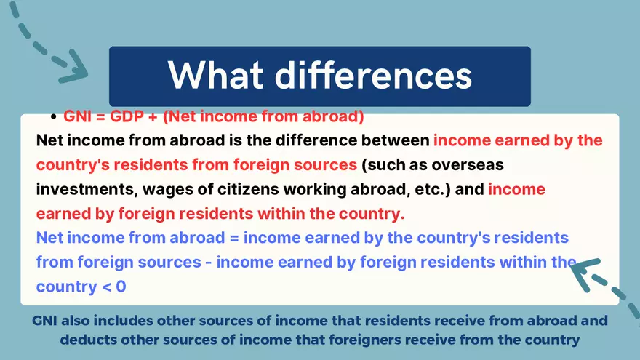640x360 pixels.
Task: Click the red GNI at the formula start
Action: [78, 116]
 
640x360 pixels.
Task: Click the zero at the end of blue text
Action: [121, 287]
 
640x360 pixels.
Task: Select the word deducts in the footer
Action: [87, 339]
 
